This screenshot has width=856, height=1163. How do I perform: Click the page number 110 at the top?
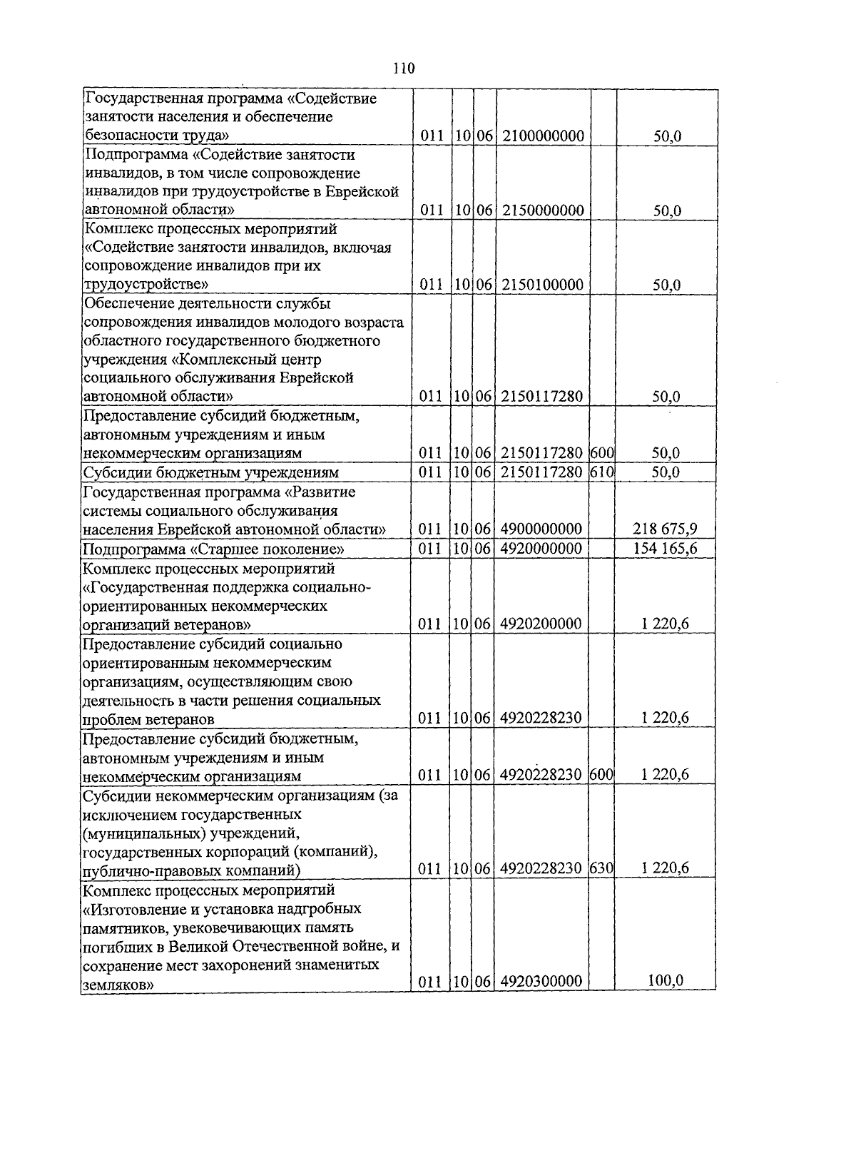pos(404,68)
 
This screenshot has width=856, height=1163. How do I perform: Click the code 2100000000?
pos(543,136)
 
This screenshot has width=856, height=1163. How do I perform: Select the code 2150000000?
pos(543,210)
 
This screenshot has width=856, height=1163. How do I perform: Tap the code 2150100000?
pos(543,285)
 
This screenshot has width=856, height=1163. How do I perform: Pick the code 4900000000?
pos(541,529)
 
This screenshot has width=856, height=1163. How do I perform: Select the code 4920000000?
pos(541,548)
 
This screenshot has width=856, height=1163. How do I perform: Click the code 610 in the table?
pos(602,472)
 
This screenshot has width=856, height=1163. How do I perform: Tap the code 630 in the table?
pos(602,868)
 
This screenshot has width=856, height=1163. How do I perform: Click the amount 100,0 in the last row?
pos(665,980)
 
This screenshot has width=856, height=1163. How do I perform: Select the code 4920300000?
pos(541,981)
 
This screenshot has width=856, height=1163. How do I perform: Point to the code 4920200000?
pos(541,624)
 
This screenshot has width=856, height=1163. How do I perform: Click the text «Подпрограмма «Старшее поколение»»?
pos(214,549)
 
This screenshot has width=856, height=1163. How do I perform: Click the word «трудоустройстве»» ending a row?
pos(146,285)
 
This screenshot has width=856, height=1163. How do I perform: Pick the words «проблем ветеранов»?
pos(149,719)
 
